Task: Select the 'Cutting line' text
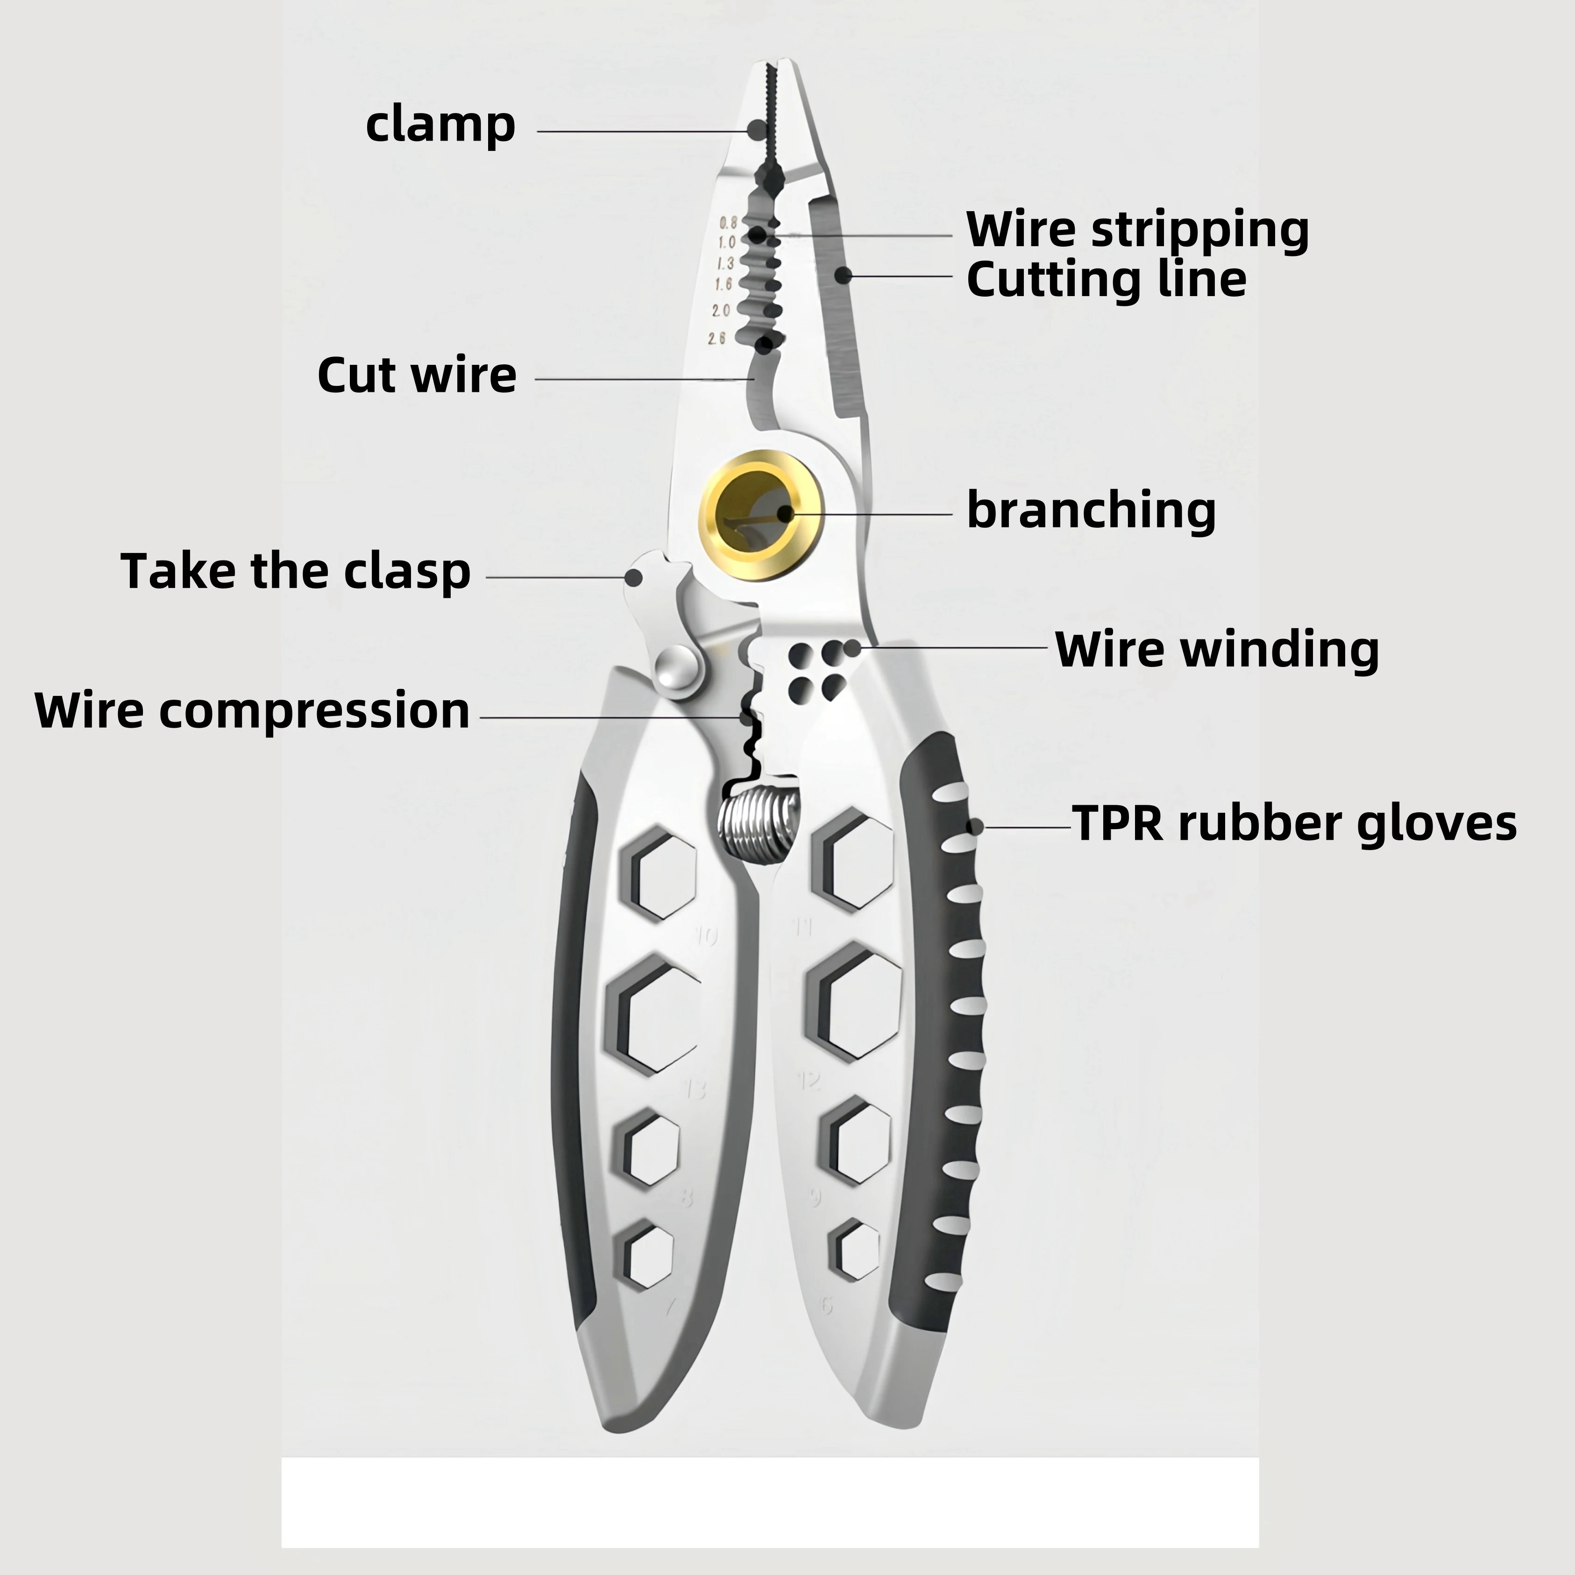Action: point(1106,280)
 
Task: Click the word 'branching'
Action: point(1091,511)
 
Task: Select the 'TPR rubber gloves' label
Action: point(1294,823)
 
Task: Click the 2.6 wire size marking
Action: point(717,338)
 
